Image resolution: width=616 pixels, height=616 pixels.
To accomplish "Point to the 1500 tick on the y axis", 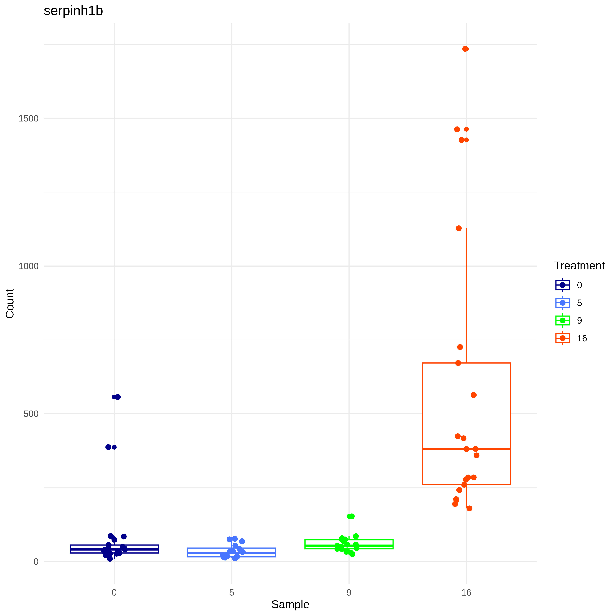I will tap(28, 118).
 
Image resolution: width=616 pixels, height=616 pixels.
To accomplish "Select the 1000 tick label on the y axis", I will tap(28, 266).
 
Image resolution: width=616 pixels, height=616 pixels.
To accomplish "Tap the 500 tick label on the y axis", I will tap(31, 414).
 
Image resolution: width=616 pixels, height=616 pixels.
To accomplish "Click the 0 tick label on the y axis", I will tap(36, 561).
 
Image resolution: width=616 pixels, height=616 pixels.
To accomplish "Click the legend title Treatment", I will tap(579, 266).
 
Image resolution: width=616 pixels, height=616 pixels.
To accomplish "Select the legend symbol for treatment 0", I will tap(562, 285).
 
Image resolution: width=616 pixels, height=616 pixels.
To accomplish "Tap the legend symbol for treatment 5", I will tap(562, 303).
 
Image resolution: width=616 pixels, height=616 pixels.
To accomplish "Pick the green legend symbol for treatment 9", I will tap(562, 320).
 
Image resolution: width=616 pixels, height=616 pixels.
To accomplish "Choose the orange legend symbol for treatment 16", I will tap(562, 338).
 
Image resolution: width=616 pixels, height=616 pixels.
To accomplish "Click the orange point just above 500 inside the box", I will tap(473, 395).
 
